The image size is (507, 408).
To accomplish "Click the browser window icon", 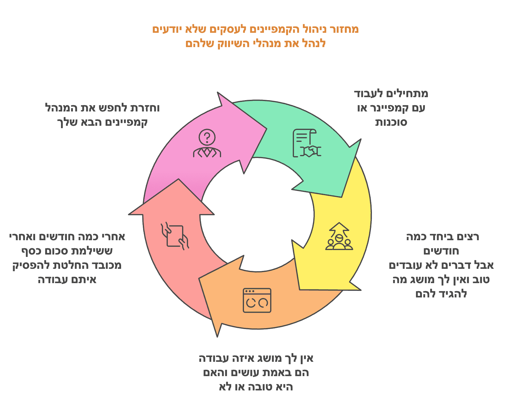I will coord(257,300).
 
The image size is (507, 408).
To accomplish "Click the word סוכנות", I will coord(391,122).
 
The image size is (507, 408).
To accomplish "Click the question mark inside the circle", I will coord(207,137).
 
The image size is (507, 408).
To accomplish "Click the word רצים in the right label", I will coord(469,237).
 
